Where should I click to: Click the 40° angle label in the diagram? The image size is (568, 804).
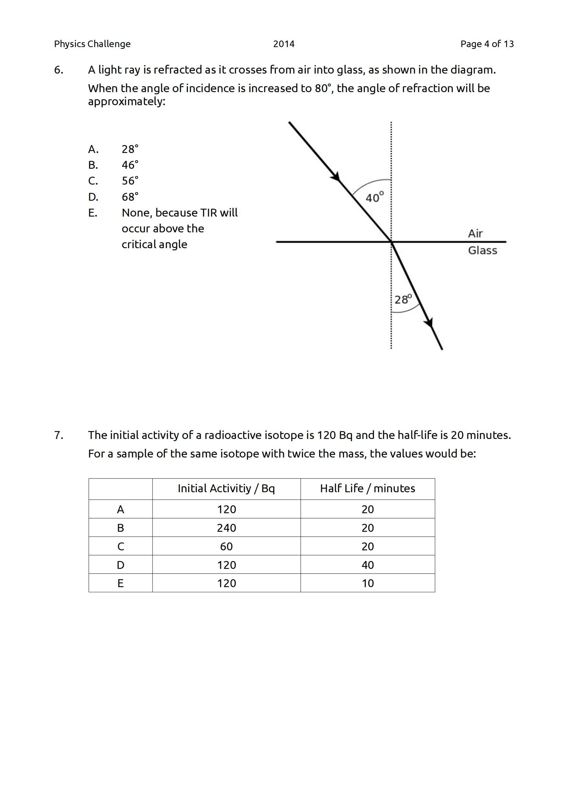tap(374, 198)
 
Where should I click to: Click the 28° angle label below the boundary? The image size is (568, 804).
tap(403, 299)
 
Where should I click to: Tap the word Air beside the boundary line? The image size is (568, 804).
tap(475, 233)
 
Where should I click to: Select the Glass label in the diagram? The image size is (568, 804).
tap(482, 250)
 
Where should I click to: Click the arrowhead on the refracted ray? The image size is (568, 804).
tap(430, 323)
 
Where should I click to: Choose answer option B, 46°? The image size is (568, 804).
tap(130, 165)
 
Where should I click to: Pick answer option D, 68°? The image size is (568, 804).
tap(130, 197)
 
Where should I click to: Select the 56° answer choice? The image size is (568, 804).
tap(130, 181)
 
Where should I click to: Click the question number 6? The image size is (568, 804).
tap(58, 70)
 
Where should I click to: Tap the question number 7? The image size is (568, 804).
tap(58, 435)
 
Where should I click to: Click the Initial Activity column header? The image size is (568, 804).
tap(226, 488)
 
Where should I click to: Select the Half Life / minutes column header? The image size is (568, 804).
tap(367, 488)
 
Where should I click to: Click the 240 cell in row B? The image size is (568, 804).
tap(226, 528)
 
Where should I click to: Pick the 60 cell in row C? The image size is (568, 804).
tap(226, 546)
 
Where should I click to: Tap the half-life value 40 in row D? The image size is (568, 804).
tap(367, 565)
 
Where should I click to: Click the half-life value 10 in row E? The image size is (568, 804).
tap(367, 583)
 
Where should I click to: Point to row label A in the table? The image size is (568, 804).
tap(120, 509)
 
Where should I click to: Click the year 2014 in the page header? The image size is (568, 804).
tap(283, 44)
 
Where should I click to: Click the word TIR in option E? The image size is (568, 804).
tap(209, 212)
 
